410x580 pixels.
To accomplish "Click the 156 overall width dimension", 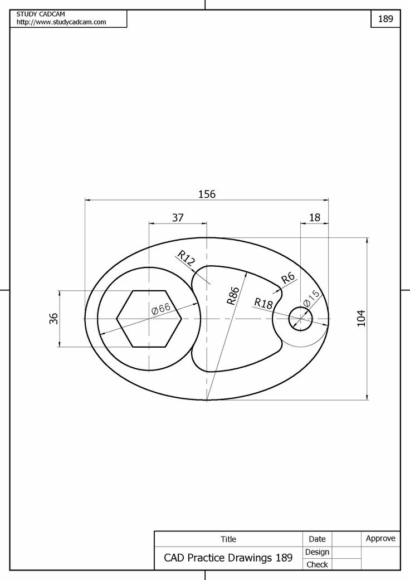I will [207, 194].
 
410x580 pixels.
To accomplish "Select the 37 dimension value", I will [178, 217].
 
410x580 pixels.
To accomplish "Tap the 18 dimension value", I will [315, 217].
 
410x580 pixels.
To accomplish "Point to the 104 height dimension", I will [361, 318].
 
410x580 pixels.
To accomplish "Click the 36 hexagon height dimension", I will [54, 319].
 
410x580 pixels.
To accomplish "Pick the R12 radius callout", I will [186, 258].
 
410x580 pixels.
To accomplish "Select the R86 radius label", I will [233, 295].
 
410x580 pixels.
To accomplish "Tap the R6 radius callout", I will [287, 279].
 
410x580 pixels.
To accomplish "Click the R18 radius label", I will [263, 303].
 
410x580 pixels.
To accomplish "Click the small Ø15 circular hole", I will [300, 319].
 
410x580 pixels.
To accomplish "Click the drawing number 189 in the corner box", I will [385, 18].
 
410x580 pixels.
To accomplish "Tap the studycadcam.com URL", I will [61, 22].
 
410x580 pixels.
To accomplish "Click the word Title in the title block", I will [228, 539].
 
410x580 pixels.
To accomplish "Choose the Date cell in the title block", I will [317, 539].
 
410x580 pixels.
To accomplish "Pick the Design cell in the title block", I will [318, 552].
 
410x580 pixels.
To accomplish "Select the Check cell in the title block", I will [318, 564].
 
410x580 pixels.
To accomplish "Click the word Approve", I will [380, 538].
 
